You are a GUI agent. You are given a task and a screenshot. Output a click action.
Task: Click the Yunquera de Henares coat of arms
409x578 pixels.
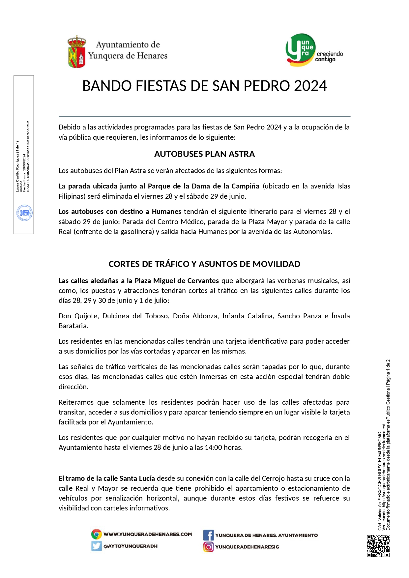(x=77, y=52)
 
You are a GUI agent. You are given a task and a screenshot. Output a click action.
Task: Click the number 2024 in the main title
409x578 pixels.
(x=310, y=86)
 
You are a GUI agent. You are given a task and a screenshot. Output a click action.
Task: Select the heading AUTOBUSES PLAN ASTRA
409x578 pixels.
(x=204, y=154)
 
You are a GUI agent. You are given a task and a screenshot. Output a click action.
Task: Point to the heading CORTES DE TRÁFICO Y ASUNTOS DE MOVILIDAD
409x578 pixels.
(x=204, y=264)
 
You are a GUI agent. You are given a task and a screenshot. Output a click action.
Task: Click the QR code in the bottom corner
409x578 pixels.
(x=378, y=546)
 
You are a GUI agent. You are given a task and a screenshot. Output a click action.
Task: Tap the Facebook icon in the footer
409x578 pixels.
(x=208, y=535)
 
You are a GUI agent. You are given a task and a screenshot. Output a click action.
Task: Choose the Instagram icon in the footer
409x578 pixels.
(x=208, y=547)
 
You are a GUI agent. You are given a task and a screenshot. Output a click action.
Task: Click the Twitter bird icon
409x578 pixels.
(x=96, y=546)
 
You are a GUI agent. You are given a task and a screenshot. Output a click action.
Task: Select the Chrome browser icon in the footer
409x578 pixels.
(x=96, y=534)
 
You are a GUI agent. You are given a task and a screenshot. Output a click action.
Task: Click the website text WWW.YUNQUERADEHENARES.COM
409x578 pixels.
(x=148, y=534)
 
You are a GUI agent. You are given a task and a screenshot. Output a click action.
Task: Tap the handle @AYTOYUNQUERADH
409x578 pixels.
(x=131, y=546)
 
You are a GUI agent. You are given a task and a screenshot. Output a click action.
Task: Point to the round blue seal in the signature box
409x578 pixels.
(x=24, y=213)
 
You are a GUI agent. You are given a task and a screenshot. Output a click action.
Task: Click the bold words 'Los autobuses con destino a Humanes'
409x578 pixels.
(x=120, y=212)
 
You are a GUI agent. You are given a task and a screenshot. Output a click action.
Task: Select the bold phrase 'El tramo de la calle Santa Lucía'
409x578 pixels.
(x=107, y=478)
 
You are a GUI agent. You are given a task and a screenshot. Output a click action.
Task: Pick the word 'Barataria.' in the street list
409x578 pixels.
(x=73, y=326)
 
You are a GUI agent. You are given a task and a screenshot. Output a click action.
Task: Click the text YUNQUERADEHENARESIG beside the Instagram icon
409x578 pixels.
(x=247, y=547)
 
